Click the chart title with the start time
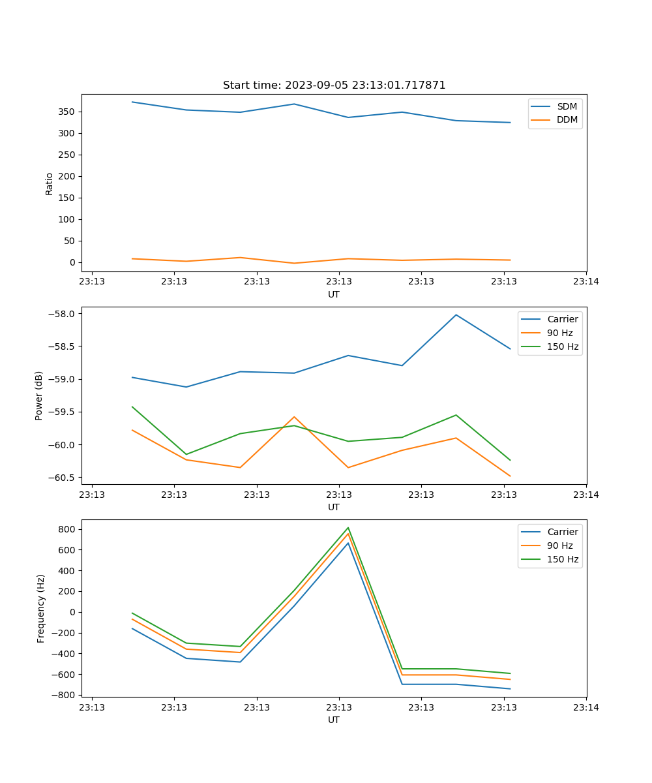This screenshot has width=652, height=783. (x=334, y=85)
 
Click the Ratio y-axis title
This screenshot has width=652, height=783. (x=50, y=183)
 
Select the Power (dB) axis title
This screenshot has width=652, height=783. (x=39, y=395)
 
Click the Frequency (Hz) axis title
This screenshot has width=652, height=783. (x=41, y=608)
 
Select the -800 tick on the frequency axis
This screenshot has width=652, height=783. (x=65, y=695)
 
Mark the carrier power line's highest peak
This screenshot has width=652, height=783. (x=456, y=315)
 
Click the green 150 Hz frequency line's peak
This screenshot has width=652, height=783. (x=348, y=528)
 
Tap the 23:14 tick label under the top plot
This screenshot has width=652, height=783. (x=586, y=282)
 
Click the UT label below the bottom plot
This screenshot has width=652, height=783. (x=334, y=720)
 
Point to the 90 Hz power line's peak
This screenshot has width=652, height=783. (x=294, y=416)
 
